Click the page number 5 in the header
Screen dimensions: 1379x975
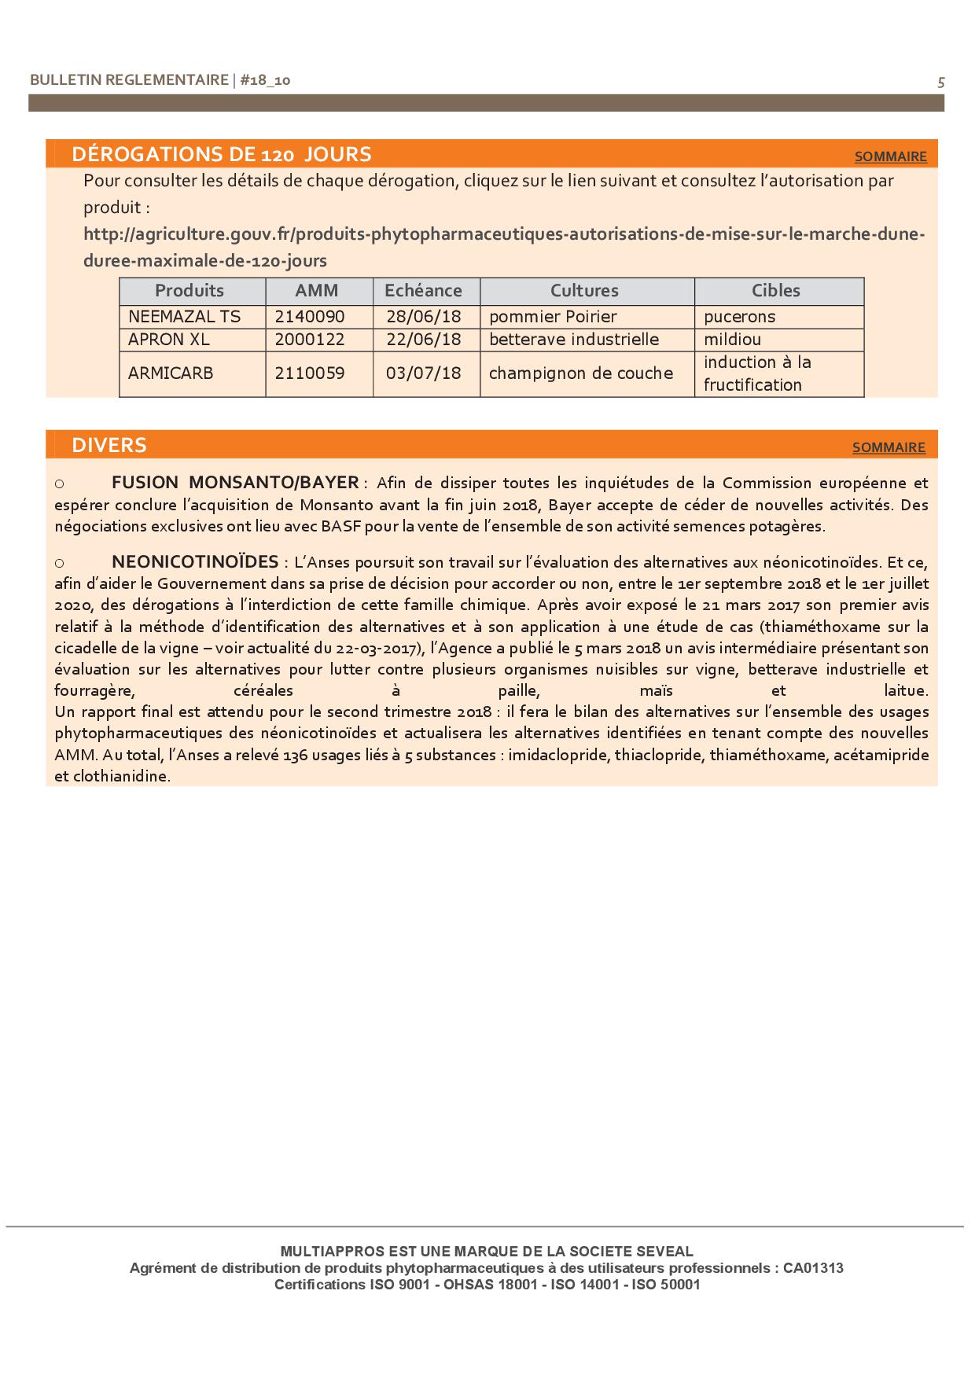click(x=941, y=82)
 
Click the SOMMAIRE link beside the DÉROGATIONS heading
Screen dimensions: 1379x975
click(x=890, y=156)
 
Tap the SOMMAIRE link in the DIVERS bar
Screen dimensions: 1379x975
click(x=889, y=447)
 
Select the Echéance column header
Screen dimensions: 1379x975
click(x=423, y=291)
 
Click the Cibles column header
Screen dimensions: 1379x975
click(x=775, y=291)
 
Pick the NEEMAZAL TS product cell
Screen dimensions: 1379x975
click(x=185, y=317)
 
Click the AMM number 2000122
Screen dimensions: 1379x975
click(x=310, y=340)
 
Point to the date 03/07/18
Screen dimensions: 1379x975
click(x=423, y=373)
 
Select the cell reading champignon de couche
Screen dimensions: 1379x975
click(x=581, y=373)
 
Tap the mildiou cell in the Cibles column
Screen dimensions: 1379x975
click(x=733, y=340)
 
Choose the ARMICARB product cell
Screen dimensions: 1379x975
click(x=171, y=373)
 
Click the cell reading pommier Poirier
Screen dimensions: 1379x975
click(x=553, y=317)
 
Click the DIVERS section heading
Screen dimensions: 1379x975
click(x=109, y=445)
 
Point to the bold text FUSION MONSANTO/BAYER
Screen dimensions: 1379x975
click(x=235, y=482)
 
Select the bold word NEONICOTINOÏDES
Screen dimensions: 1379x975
click(x=195, y=561)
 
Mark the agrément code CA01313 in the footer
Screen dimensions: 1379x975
click(x=813, y=1268)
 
